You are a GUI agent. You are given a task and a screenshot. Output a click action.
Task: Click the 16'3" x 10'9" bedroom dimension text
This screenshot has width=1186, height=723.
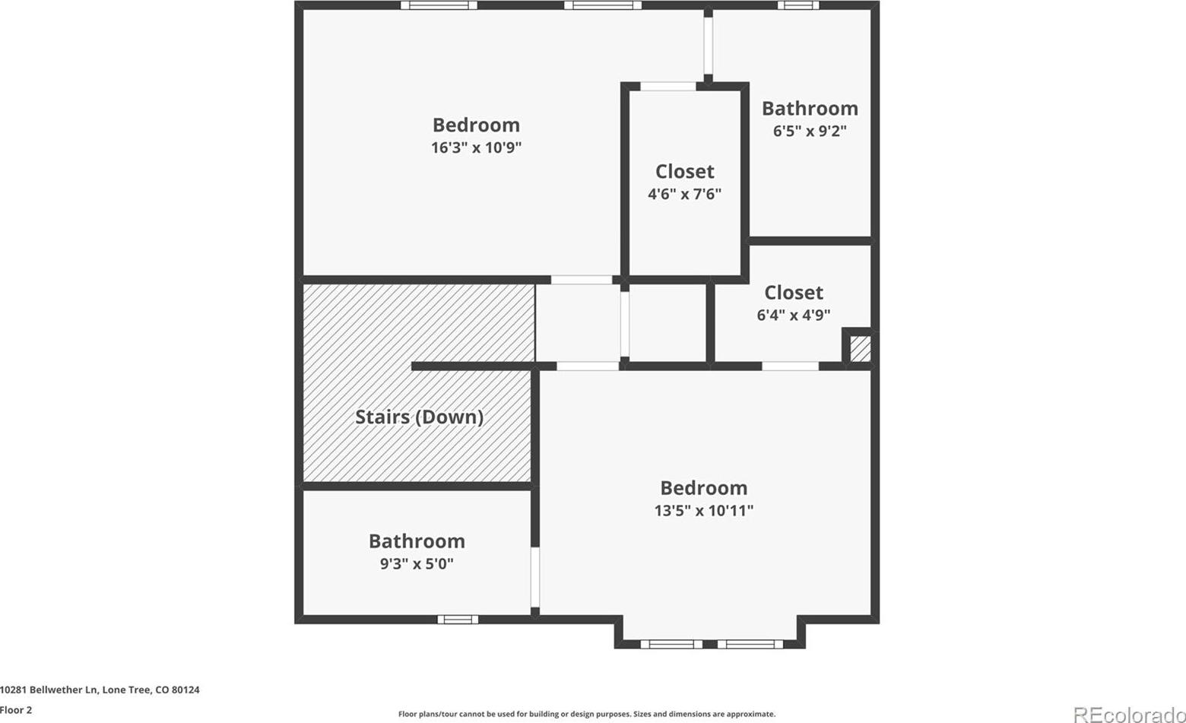pyautogui.click(x=476, y=147)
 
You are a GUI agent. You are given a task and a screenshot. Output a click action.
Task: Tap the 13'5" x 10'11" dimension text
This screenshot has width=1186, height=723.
pyautogui.click(x=704, y=511)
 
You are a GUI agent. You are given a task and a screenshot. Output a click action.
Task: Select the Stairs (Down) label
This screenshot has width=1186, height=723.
pyautogui.click(x=420, y=417)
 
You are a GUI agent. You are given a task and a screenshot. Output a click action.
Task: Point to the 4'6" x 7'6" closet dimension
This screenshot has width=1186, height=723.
pyautogui.click(x=684, y=195)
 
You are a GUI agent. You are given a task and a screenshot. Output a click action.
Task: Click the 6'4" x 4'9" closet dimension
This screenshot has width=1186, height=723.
pyautogui.click(x=794, y=316)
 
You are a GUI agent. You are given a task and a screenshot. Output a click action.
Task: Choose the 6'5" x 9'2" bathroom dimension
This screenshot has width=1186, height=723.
pyautogui.click(x=810, y=131)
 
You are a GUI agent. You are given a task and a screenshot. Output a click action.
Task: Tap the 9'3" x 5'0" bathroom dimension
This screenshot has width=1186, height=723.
pyautogui.click(x=417, y=563)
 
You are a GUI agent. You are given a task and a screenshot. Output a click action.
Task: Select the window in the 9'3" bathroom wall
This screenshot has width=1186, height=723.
pyautogui.click(x=458, y=620)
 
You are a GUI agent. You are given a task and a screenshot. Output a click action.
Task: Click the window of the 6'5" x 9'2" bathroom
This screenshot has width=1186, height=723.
pyautogui.click(x=798, y=5)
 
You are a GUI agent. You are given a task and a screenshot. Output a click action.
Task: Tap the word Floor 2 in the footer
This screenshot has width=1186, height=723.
pyautogui.click(x=16, y=710)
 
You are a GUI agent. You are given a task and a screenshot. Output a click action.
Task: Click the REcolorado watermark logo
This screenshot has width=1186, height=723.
pyautogui.click(x=1130, y=715)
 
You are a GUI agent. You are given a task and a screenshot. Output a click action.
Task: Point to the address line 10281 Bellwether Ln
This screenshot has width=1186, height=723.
pyautogui.click(x=100, y=690)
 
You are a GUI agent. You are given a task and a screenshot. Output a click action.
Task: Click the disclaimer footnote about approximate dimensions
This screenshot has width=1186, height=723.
pyautogui.click(x=587, y=715)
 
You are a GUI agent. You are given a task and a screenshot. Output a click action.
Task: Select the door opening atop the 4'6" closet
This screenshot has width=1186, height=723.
pyautogui.click(x=668, y=86)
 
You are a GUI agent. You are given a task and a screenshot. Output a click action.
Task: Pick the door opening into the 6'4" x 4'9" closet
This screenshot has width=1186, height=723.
pyautogui.click(x=791, y=366)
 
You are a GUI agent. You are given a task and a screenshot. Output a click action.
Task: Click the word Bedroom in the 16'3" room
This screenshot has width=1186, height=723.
pyautogui.click(x=476, y=125)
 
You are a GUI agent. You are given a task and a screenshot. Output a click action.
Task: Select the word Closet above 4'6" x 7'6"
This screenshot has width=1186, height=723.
pyautogui.click(x=684, y=172)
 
